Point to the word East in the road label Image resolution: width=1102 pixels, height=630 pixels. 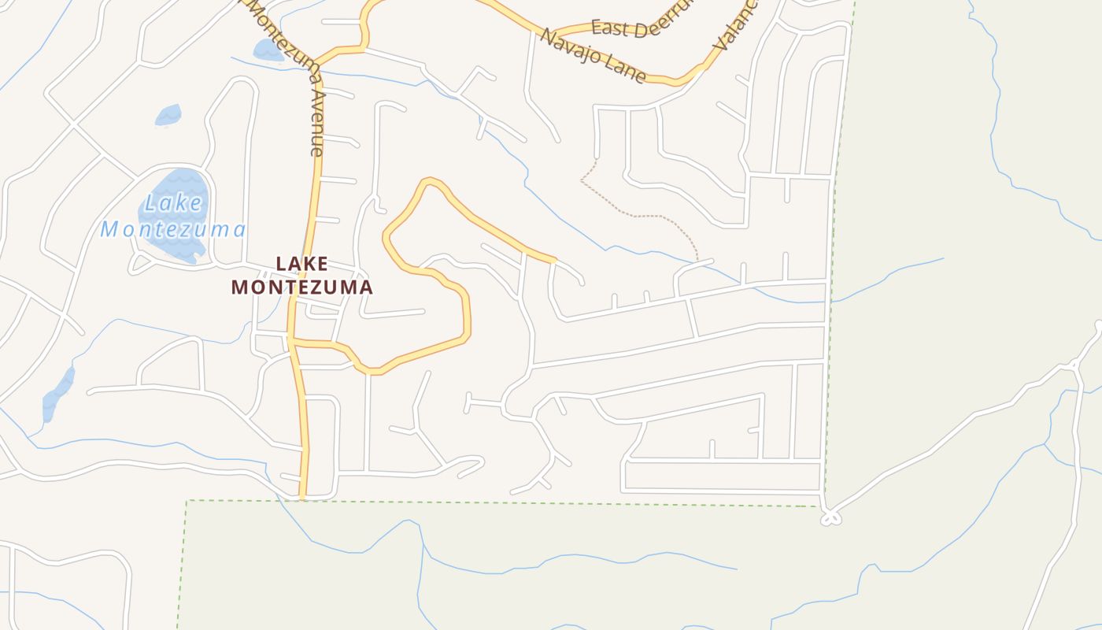[611, 28]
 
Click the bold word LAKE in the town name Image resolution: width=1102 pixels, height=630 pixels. [301, 264]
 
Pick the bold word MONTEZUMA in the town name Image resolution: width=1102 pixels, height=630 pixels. [301, 287]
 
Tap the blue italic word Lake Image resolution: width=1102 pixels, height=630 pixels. [174, 203]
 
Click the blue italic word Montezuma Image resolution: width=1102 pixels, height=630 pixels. [173, 229]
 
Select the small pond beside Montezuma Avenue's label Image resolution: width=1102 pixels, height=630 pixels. [268, 50]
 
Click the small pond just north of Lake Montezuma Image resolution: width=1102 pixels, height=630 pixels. [168, 116]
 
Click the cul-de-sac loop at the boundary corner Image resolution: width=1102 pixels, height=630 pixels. [830, 517]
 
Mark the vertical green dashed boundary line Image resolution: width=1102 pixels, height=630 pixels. [839, 236]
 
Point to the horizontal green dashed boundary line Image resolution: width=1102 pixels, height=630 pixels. [504, 502]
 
